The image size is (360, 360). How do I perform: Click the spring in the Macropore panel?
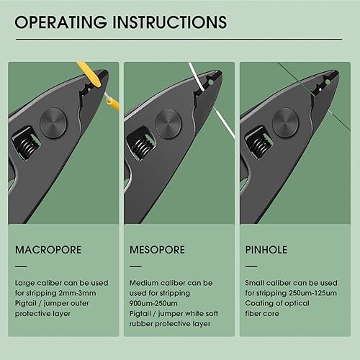pos(24,140)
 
